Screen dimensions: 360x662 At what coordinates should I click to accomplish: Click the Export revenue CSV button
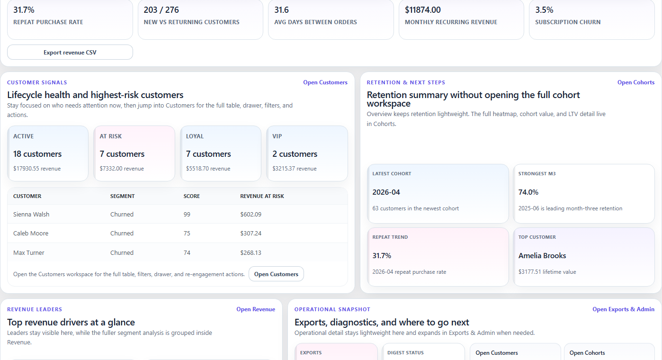pyautogui.click(x=70, y=53)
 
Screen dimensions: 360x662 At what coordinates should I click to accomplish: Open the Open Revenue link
pyautogui.click(x=256, y=309)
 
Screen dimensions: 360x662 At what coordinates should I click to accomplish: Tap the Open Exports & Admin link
pyautogui.click(x=623, y=309)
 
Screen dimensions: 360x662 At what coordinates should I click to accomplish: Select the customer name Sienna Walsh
pyautogui.click(x=31, y=214)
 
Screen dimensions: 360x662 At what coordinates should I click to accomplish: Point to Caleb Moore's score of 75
pyautogui.click(x=187, y=234)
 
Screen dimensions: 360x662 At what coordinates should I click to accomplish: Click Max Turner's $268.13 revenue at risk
pyautogui.click(x=250, y=253)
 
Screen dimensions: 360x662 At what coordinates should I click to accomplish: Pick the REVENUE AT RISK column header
pyautogui.click(x=262, y=196)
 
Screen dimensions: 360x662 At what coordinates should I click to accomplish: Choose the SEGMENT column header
pyautogui.click(x=122, y=196)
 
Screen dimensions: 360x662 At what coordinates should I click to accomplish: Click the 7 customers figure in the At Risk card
pyautogui.click(x=122, y=154)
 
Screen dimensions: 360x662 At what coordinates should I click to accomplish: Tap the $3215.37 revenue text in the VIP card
pyautogui.click(x=294, y=169)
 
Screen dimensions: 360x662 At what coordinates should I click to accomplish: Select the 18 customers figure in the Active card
pyautogui.click(x=37, y=154)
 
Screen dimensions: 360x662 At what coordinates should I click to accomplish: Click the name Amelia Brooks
pyautogui.click(x=542, y=256)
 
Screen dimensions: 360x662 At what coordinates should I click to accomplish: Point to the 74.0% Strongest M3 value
pyautogui.click(x=528, y=192)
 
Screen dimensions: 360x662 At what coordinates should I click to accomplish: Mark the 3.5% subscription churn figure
pyautogui.click(x=544, y=10)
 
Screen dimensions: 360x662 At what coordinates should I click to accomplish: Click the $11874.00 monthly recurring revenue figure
pyautogui.click(x=423, y=10)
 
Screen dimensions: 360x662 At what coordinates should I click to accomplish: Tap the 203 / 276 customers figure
pyautogui.click(x=161, y=10)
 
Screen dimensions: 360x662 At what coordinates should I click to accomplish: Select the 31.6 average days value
pyautogui.click(x=281, y=10)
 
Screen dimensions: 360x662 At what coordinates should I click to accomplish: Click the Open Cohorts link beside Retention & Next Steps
pyautogui.click(x=635, y=82)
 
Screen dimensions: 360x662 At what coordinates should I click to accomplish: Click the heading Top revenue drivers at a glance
pyautogui.click(x=71, y=323)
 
